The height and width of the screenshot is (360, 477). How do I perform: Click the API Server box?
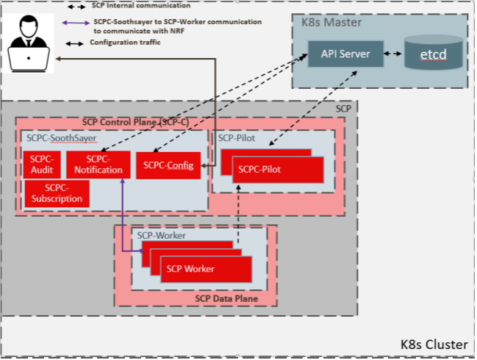(x=344, y=54)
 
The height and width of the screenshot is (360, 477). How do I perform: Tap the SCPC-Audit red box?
(x=42, y=165)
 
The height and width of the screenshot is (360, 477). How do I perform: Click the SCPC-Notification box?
(x=98, y=165)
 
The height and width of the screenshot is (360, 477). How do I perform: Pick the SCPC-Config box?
(x=168, y=165)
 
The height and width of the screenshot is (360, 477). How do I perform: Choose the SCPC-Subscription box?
(x=57, y=193)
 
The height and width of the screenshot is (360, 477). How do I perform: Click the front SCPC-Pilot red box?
(x=278, y=170)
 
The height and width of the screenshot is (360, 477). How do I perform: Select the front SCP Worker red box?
(x=206, y=269)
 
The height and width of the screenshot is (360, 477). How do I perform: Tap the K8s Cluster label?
(x=433, y=343)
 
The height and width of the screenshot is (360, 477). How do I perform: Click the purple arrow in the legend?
(x=74, y=23)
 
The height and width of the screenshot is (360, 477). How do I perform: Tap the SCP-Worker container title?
(x=162, y=235)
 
